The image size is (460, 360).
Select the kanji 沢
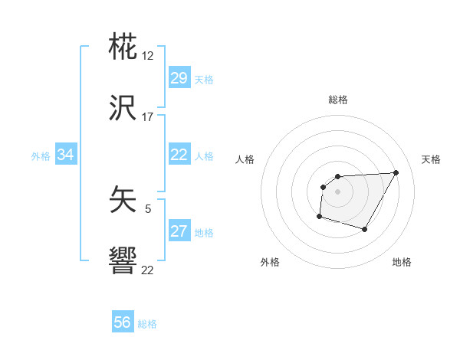123,108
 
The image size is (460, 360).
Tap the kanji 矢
123,201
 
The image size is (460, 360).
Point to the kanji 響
123,262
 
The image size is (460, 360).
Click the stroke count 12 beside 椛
148,56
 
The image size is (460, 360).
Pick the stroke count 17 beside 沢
148,117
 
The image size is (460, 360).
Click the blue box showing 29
179,78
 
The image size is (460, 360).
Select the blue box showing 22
179,155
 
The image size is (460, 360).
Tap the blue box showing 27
179,231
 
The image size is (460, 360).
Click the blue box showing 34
66,155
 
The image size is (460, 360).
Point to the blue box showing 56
123,322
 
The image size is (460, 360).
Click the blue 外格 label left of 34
41,156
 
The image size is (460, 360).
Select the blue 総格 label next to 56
147,324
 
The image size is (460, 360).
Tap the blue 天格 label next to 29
203,80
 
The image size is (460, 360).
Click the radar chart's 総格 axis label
337,100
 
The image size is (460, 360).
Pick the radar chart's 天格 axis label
432,159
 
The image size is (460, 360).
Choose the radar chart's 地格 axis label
402,262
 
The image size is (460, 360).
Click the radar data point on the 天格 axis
396,172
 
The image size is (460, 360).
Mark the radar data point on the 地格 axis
365,230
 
